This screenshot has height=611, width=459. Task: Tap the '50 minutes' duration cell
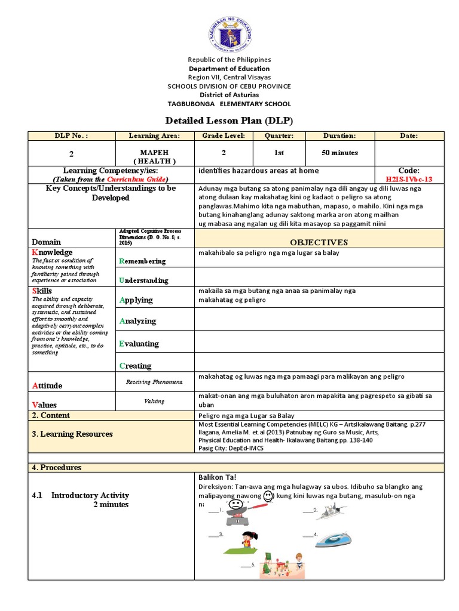(339, 153)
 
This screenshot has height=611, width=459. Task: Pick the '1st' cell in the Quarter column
(279, 153)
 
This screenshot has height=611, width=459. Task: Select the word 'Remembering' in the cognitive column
(143, 261)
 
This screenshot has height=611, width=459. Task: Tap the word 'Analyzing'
(137, 321)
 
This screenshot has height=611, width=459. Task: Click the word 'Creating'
(136, 366)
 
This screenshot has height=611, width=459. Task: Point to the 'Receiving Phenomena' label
(154, 381)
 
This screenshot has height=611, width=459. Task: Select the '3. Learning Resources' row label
(72, 434)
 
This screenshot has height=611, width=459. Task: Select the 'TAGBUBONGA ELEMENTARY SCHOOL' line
(229, 103)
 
